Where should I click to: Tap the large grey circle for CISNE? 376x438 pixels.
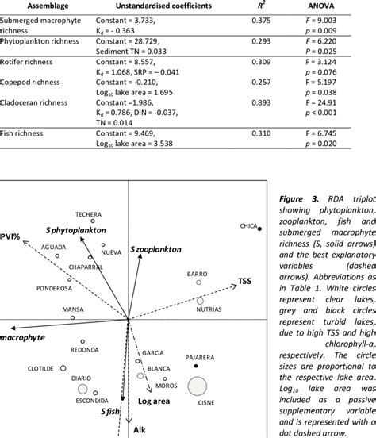198,387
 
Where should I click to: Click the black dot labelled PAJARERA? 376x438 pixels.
197,367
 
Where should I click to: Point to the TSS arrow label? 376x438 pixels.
247,304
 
